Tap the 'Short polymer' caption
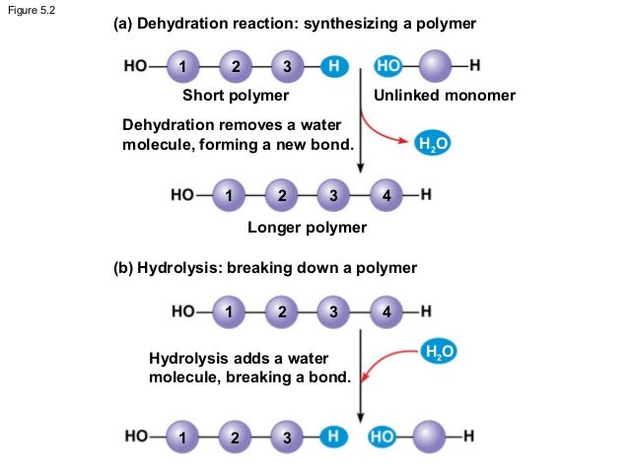pyautogui.click(x=236, y=96)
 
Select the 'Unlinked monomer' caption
pyautogui.click(x=444, y=96)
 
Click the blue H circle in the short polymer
pyautogui.click(x=335, y=67)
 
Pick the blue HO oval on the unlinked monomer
pyautogui.click(x=388, y=67)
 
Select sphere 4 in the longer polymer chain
pyautogui.click(x=386, y=195)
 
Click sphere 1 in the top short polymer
pyautogui.click(x=182, y=67)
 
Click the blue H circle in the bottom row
pyautogui.click(x=335, y=436)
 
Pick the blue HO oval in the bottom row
pyautogui.click(x=384, y=436)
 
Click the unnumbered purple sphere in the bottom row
pyautogui.click(x=433, y=436)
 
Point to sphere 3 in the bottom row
pyautogui.click(x=286, y=436)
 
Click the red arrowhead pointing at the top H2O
pyautogui.click(x=403, y=142)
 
